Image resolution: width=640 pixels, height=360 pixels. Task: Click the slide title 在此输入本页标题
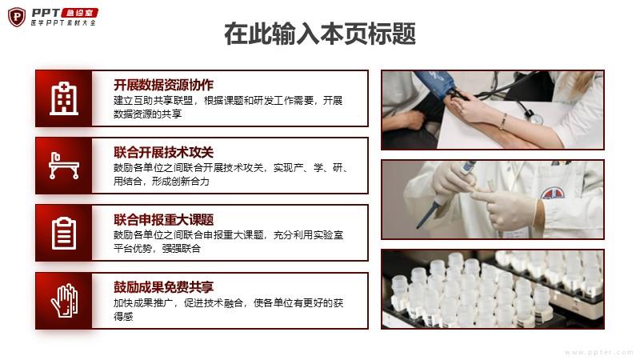pyautogui.click(x=320, y=34)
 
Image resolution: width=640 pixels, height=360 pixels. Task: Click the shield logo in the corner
pyautogui.click(x=17, y=17)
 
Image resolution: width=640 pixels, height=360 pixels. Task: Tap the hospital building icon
pyautogui.click(x=64, y=98)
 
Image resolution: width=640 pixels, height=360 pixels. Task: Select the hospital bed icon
pyautogui.click(x=64, y=166)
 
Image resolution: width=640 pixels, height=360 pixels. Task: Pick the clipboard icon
pyautogui.click(x=64, y=234)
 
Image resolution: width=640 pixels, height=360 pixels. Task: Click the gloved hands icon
pyautogui.click(x=65, y=301)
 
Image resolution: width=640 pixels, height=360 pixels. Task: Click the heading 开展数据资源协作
pyautogui.click(x=163, y=85)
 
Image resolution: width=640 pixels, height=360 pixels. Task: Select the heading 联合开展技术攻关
pyautogui.click(x=163, y=152)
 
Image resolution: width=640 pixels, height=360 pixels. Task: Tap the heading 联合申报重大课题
pyautogui.click(x=163, y=219)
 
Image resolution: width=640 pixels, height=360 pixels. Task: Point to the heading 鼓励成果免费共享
pyautogui.click(x=163, y=287)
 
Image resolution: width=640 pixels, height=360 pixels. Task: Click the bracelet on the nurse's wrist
pyautogui.click(x=503, y=122)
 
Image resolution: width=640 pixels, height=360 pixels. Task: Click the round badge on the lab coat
pyautogui.click(x=553, y=194)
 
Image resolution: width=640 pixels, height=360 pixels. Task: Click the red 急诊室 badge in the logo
pyautogui.click(x=79, y=13)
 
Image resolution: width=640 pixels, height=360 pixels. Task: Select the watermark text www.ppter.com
pyautogui.click(x=599, y=352)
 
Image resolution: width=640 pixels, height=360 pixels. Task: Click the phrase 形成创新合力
pyautogui.click(x=181, y=182)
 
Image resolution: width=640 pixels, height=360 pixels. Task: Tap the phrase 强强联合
pyautogui.click(x=182, y=249)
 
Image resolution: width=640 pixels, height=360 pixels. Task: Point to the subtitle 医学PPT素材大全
pyautogui.click(x=63, y=23)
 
